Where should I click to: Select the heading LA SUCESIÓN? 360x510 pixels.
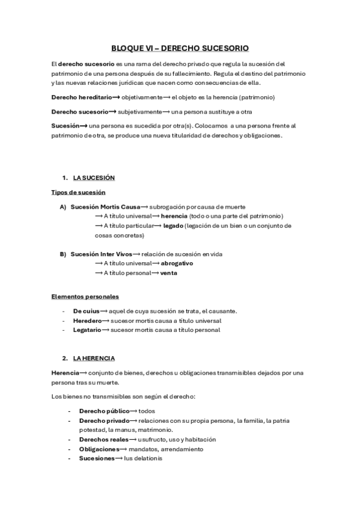tap(94, 178)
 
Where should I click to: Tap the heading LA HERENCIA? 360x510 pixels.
tap(94, 358)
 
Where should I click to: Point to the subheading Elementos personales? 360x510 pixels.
tap(85, 296)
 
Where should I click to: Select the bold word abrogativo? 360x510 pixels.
tap(177, 263)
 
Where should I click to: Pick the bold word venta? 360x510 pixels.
tap(168, 273)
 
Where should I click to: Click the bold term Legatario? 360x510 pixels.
tap(87, 330)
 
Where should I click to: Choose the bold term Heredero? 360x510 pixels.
tap(87, 321)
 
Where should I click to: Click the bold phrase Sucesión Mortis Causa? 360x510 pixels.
tap(105, 206)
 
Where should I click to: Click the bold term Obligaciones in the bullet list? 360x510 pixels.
tap(99, 449)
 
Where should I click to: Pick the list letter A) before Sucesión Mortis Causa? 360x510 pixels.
tap(63, 206)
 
